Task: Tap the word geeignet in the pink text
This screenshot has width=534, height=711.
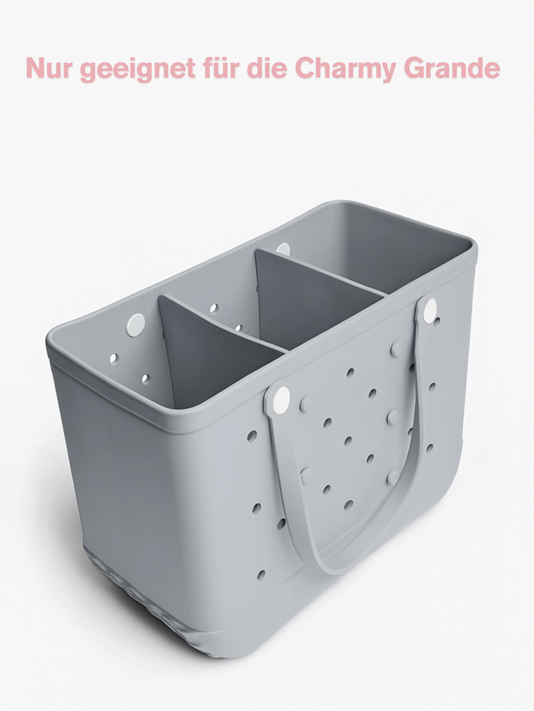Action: (138, 69)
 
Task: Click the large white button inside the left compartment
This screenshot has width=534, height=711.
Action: (135, 325)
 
